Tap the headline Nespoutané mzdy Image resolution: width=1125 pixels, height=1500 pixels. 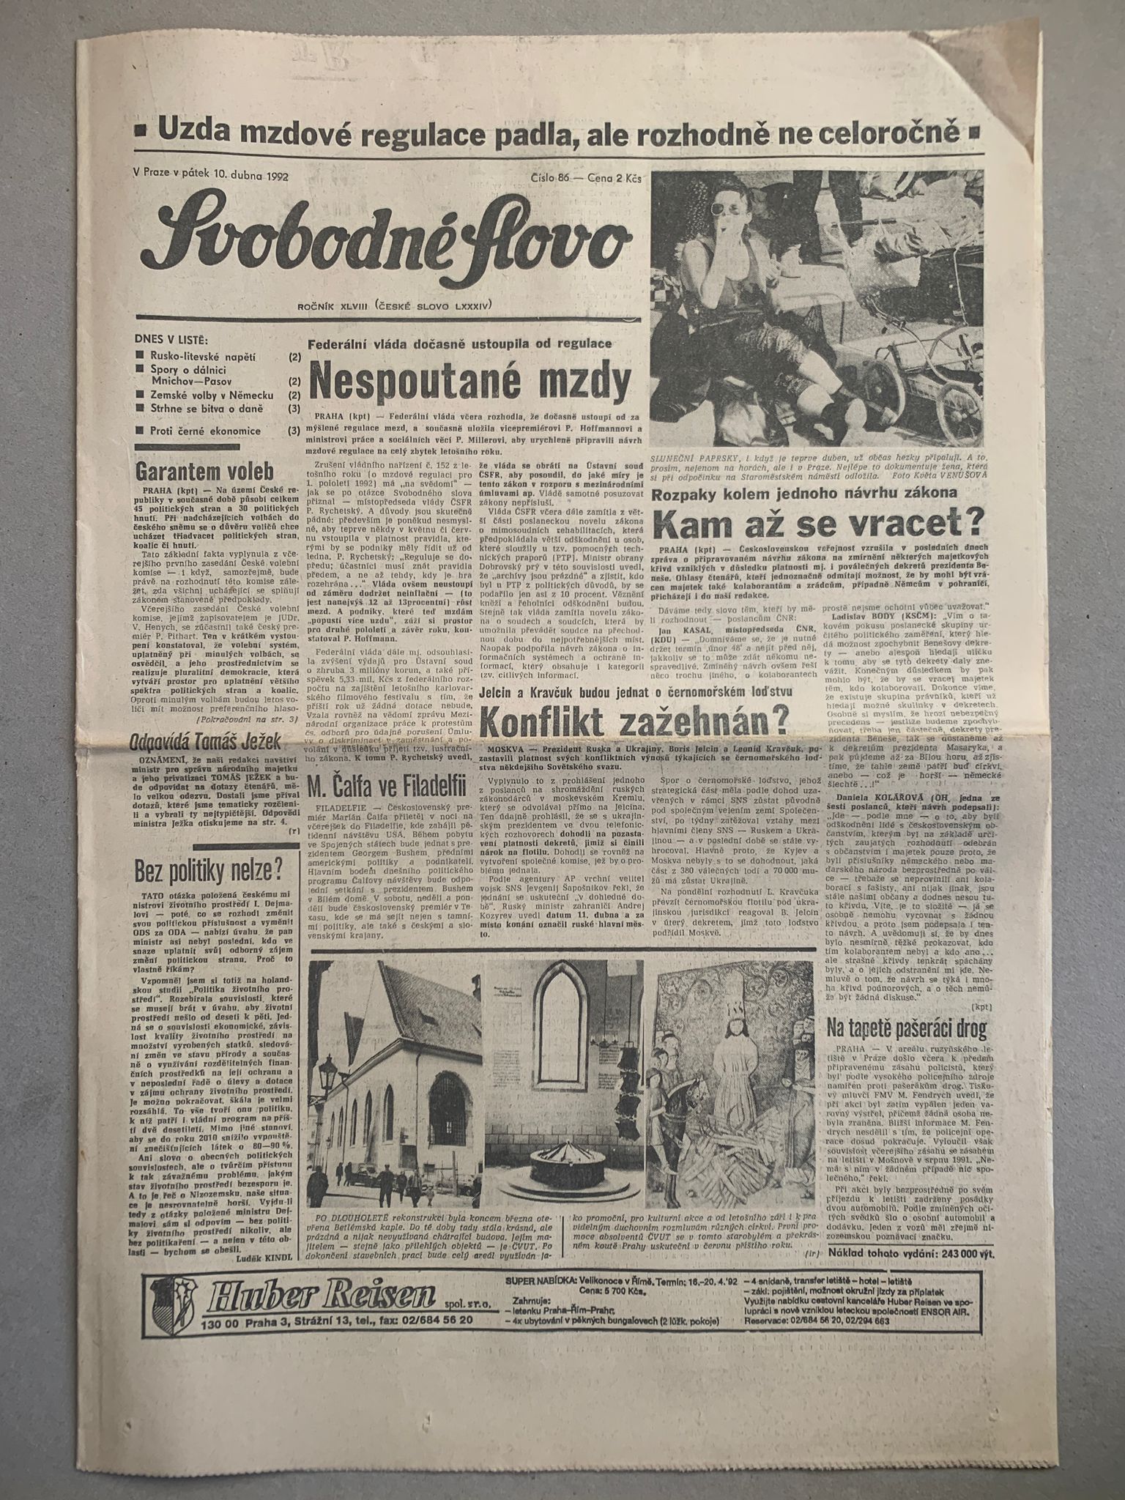coord(470,381)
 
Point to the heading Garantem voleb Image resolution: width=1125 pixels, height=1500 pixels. coord(204,469)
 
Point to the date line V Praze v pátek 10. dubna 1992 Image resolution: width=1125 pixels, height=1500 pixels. coord(211,176)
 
